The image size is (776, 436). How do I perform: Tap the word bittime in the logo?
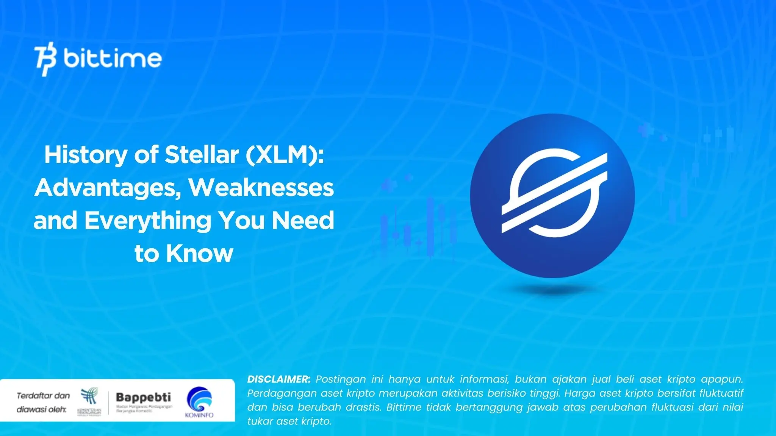[x=113, y=58]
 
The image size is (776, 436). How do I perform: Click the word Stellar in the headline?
[x=202, y=155]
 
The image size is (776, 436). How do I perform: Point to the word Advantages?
[x=108, y=188]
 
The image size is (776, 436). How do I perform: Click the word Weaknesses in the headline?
[x=261, y=188]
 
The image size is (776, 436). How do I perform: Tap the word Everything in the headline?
[x=148, y=221]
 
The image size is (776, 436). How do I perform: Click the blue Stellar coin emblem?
[x=552, y=196]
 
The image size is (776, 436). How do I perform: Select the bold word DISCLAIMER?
[x=278, y=379]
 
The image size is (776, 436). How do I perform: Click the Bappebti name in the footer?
[x=143, y=397]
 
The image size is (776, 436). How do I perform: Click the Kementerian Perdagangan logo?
[x=89, y=401]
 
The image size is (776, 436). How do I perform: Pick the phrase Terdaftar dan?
[x=43, y=396]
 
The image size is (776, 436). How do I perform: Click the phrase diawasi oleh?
[x=41, y=410]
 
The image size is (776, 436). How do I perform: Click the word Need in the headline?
[x=303, y=221]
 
